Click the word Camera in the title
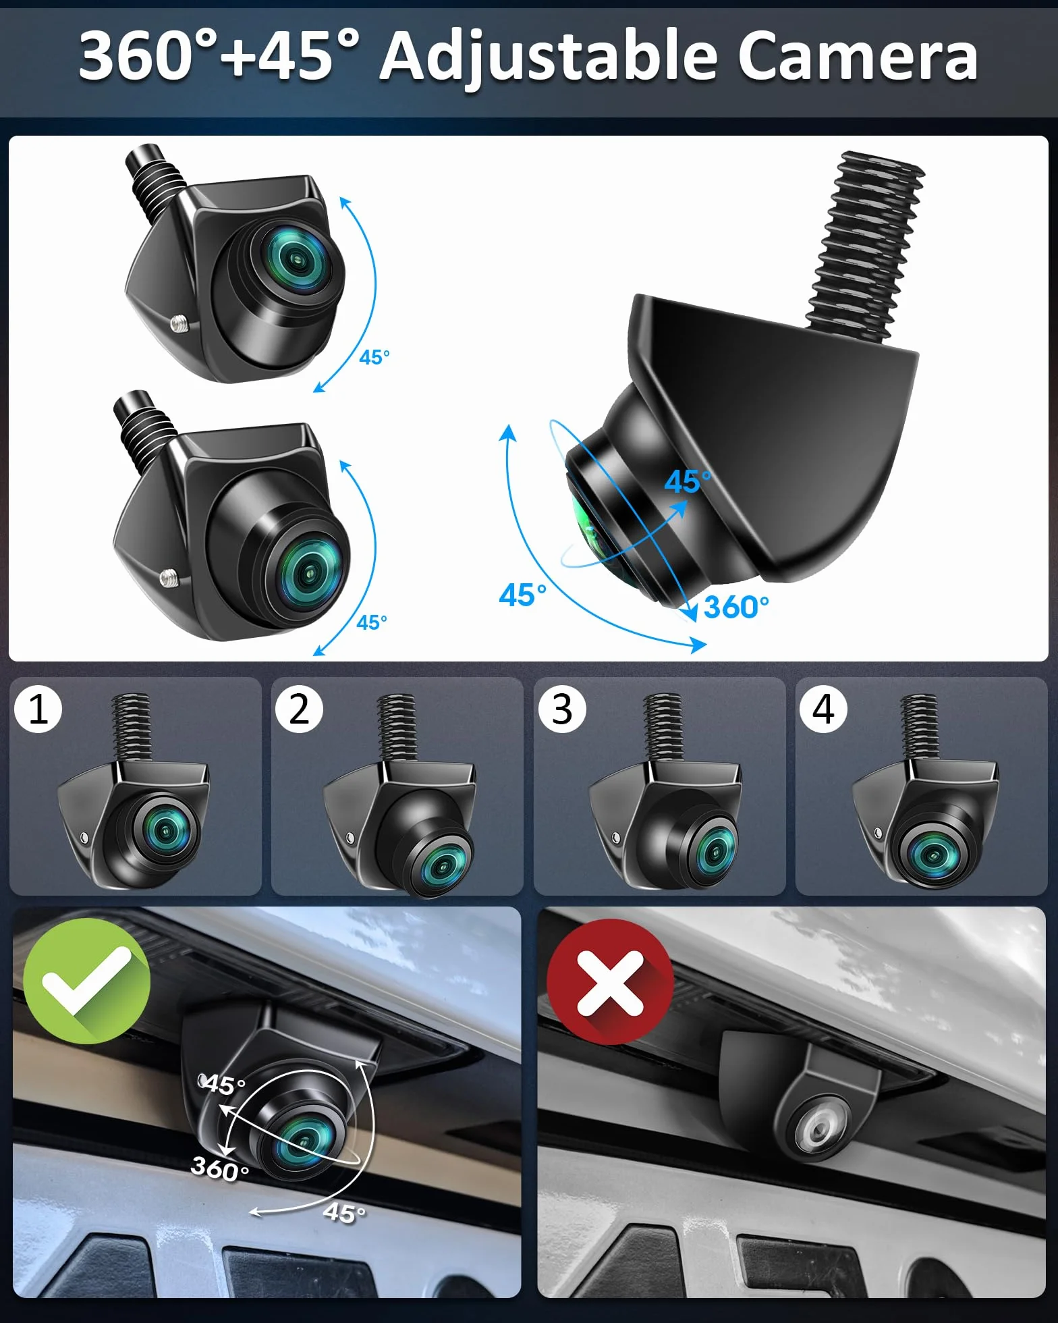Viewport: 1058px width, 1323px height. [x=857, y=56]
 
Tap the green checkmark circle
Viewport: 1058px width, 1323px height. [x=86, y=981]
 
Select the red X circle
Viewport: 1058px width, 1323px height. [x=610, y=982]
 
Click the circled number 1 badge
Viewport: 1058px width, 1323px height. [x=38, y=709]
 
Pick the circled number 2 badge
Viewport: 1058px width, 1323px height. [x=299, y=709]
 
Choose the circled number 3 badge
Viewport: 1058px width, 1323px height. [x=562, y=709]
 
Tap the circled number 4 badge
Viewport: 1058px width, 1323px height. [x=823, y=709]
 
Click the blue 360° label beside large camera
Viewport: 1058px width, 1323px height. [x=736, y=607]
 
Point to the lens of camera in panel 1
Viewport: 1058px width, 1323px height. [x=165, y=831]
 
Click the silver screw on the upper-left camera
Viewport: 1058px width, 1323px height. [x=179, y=323]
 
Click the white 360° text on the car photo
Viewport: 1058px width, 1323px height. [x=220, y=1168]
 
